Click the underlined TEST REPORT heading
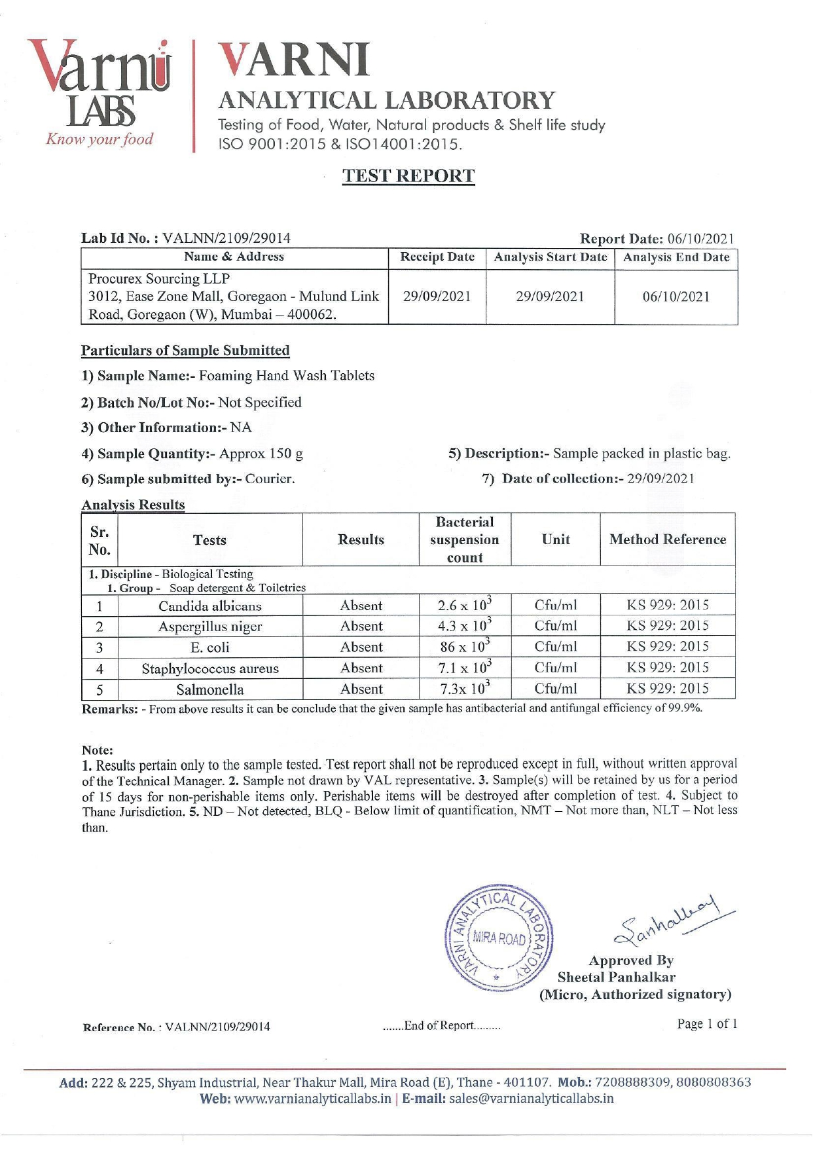click(x=408, y=176)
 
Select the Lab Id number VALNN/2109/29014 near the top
click(x=226, y=238)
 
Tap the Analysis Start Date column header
click(x=550, y=257)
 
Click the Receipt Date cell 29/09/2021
click(x=437, y=297)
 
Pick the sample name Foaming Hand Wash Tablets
click(x=287, y=376)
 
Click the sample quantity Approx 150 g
click(x=261, y=454)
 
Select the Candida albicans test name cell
click(x=210, y=606)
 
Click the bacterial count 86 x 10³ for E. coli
click(x=465, y=647)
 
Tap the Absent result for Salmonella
click(x=361, y=689)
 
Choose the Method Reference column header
click(x=668, y=539)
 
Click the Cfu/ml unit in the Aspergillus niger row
click(x=556, y=627)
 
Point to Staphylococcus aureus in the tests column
click(x=210, y=668)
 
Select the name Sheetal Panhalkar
click(x=617, y=977)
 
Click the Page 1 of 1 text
click(x=707, y=1024)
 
